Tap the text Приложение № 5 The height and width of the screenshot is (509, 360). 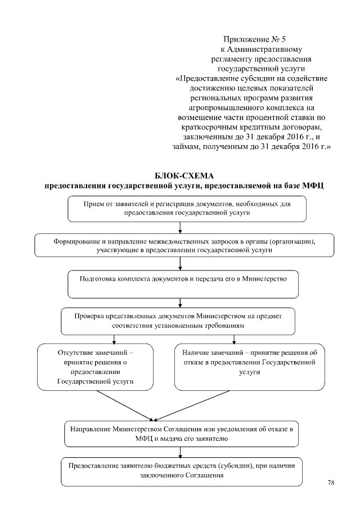(247, 39)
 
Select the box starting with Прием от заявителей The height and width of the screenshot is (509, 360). (187, 209)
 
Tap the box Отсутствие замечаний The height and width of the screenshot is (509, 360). (96, 367)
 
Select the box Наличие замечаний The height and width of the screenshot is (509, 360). (249, 366)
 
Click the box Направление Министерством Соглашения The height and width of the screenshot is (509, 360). (181, 433)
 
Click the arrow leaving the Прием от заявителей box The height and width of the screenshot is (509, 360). (179, 227)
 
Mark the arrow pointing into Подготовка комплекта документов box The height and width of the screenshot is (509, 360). (179, 264)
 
